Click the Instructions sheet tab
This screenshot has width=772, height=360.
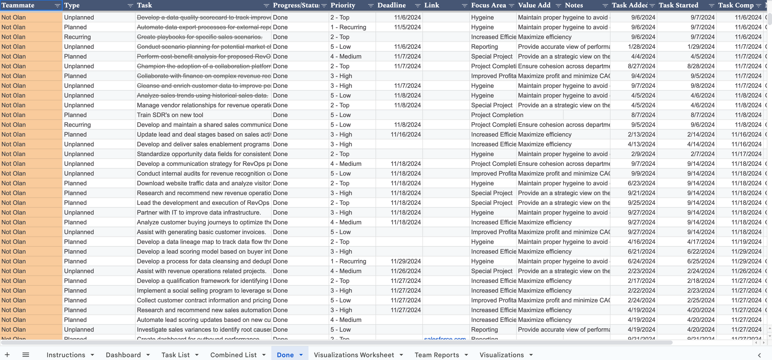[x=66, y=355]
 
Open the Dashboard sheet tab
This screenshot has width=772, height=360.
[x=123, y=355]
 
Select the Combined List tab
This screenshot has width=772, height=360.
[x=233, y=355]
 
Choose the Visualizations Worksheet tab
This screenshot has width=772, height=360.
[x=354, y=355]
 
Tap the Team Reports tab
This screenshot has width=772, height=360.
[x=437, y=355]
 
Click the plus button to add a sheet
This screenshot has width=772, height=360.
[x=7, y=355]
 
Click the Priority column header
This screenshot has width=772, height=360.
[x=343, y=6]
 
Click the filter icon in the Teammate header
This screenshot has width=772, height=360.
[x=57, y=6]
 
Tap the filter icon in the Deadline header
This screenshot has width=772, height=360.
[x=417, y=6]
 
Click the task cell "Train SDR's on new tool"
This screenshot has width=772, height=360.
[x=170, y=115]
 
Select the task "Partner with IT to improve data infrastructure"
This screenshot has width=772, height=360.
[x=199, y=213]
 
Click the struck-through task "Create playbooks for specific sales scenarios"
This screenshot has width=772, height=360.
[x=200, y=37]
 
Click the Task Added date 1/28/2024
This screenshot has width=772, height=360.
[x=641, y=47]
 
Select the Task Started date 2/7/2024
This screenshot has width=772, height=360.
[x=703, y=154]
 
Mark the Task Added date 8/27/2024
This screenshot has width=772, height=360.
[x=641, y=66]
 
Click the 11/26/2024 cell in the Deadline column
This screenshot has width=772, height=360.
[x=405, y=271]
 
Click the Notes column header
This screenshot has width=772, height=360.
[x=574, y=6]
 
